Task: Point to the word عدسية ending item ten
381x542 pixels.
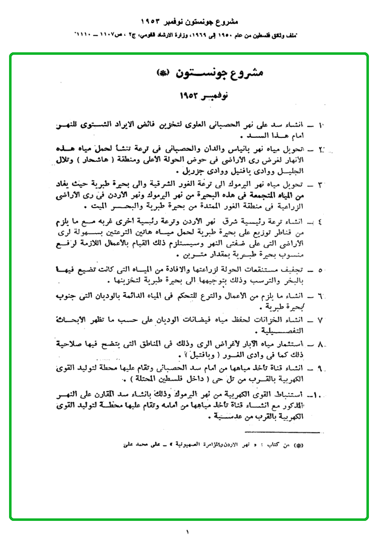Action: point(74,416)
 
